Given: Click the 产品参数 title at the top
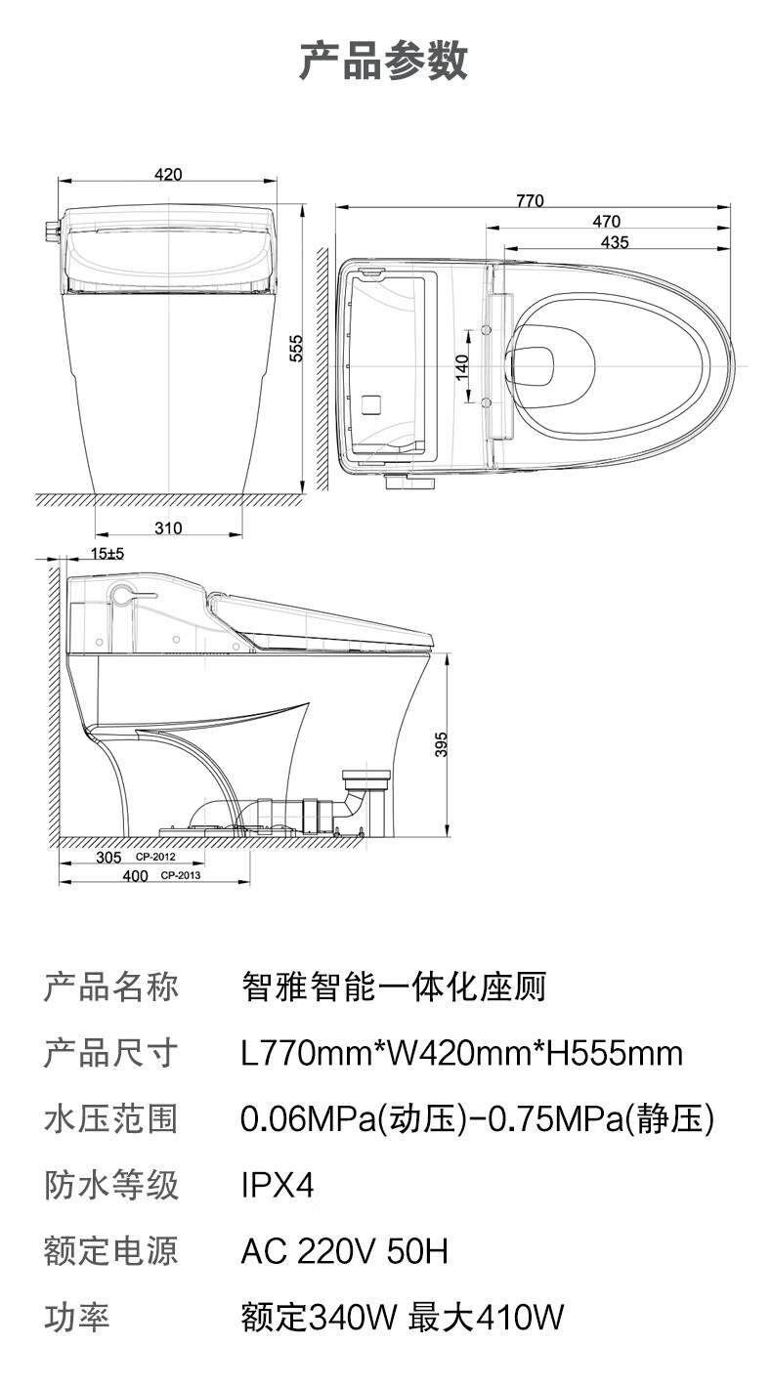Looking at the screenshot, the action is pos(384,60).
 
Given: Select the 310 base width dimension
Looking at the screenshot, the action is pos(168,528).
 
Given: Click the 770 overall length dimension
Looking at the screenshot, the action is pos(529,201).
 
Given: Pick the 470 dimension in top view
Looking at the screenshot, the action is pos(607,222).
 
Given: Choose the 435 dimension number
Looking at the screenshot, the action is pos(615,242).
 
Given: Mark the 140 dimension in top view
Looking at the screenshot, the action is pos(463,365).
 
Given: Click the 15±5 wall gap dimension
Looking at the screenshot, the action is pos(107,554).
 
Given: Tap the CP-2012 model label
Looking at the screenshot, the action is pos(155,857).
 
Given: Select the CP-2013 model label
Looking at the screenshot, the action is pos(181,876).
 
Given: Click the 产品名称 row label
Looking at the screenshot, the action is pos(111,987).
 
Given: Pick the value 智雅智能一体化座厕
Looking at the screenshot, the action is pos(393,987).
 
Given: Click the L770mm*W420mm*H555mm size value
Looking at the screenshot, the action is pos(461,1053).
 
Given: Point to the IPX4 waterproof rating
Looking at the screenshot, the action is pos(279,1186).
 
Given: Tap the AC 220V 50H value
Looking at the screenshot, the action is pos(344,1251).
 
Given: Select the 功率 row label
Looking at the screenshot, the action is pos(77,1318).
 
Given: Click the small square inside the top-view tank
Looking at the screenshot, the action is pos(372,402).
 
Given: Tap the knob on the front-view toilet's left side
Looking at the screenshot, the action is pos(49,231).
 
